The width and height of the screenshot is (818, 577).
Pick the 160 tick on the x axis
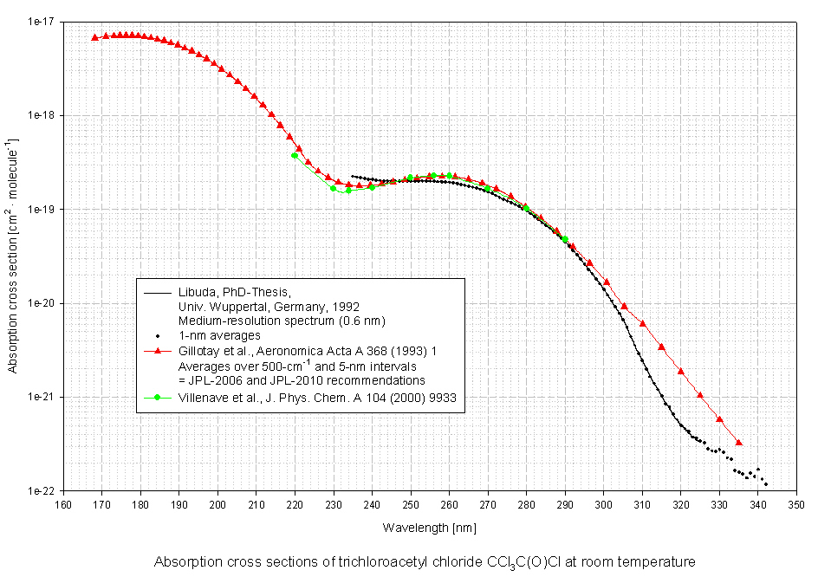coord(63,504)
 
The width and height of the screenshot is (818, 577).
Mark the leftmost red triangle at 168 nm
coord(94,37)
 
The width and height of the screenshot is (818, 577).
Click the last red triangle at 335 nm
coord(738,442)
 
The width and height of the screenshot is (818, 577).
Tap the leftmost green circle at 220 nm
coord(295,155)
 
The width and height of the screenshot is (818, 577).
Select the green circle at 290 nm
coord(565,239)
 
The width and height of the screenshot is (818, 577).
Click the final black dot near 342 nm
coord(766,484)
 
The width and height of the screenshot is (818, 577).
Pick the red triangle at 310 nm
coord(642,323)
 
